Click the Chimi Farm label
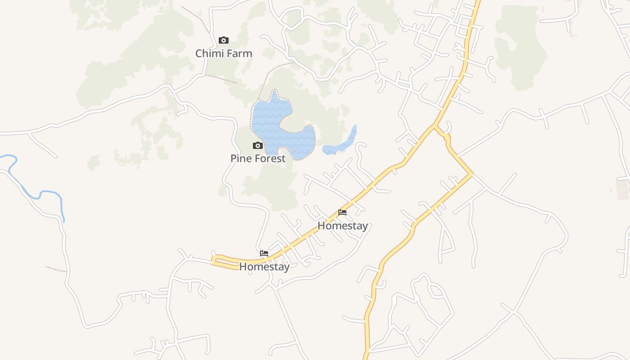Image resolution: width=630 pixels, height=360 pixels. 224,54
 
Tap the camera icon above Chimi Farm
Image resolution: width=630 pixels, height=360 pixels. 224,40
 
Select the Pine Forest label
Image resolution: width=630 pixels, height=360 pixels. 258,158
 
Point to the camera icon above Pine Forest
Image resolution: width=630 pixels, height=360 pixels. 258,145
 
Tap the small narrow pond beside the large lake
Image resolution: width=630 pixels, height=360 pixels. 342,144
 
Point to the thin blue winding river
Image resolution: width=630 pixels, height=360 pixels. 45,193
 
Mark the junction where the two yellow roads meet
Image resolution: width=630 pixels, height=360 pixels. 434,126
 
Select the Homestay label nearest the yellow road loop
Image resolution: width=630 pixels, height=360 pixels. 264,266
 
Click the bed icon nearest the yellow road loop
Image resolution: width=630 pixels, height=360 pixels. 264,253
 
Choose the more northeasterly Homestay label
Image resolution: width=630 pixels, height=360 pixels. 342,225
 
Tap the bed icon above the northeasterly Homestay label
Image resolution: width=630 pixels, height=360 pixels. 342,212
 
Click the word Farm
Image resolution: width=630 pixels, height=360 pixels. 238,54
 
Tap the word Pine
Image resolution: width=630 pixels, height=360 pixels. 240,158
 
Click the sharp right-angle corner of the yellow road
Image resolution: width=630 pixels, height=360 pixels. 472,174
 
